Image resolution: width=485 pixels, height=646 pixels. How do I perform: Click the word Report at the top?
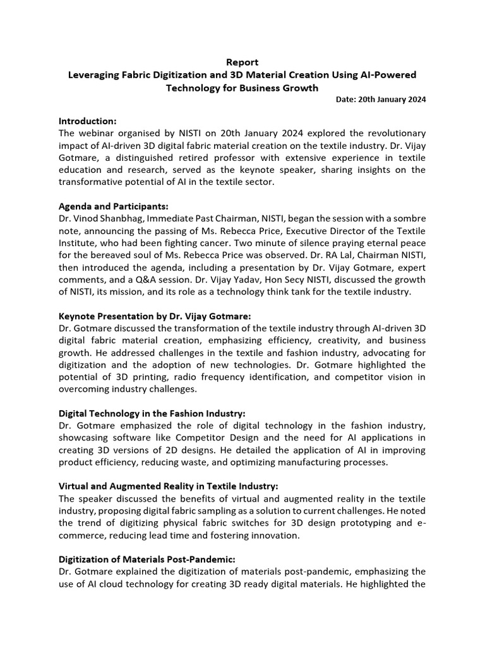[242, 62]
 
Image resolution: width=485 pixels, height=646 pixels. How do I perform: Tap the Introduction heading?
[88, 120]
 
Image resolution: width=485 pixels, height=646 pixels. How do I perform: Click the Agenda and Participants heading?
[114, 206]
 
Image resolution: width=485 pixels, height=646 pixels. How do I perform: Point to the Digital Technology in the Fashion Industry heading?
[152, 413]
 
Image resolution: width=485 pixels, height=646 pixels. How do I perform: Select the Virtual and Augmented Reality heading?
[168, 486]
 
